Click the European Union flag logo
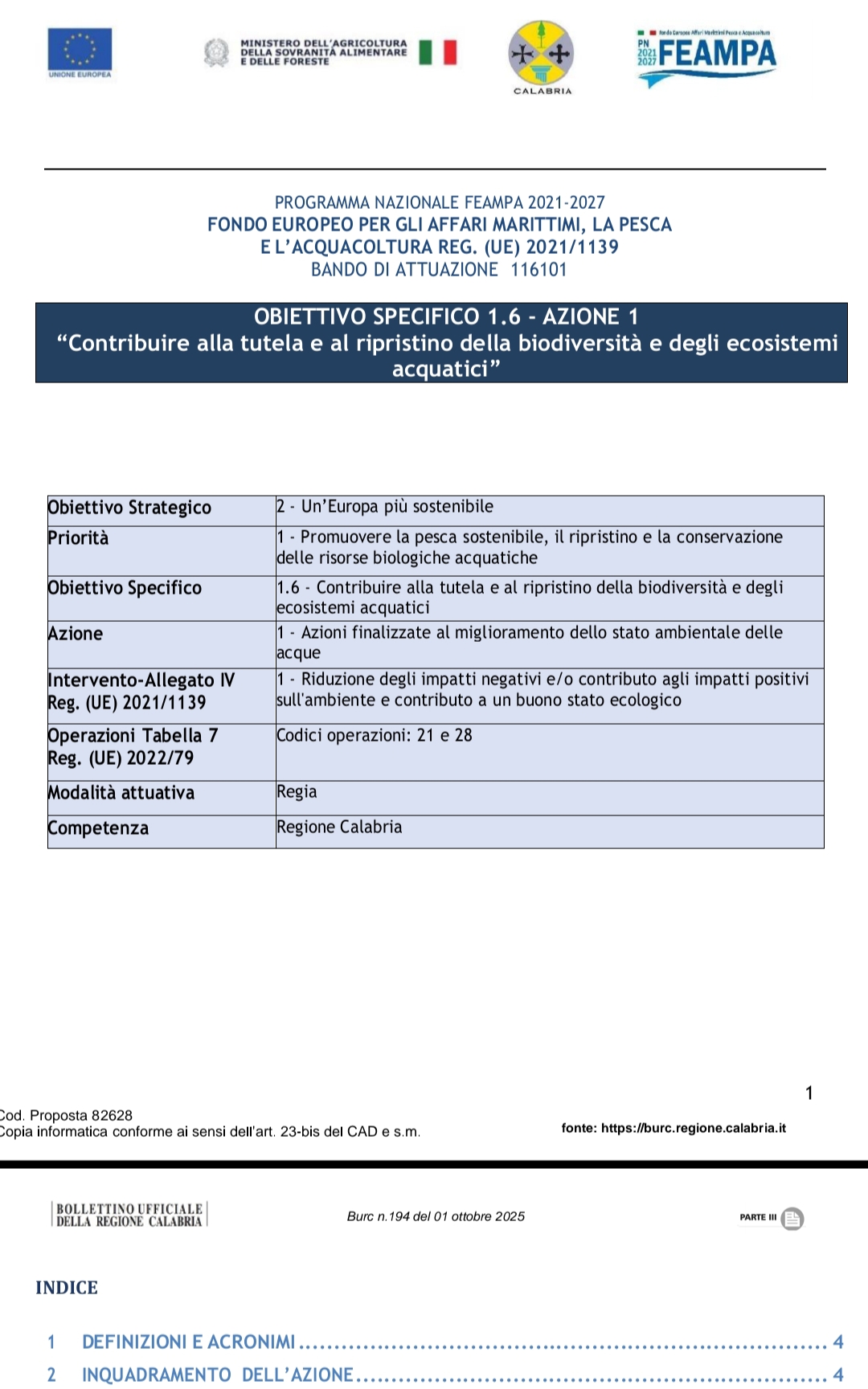coord(80,50)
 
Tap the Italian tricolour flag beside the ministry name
coord(437,52)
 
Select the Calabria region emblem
coord(542,54)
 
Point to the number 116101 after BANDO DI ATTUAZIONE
coord(538,270)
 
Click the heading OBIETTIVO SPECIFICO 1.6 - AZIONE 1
coord(446,317)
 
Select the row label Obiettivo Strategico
coord(129,508)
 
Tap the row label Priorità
coord(78,538)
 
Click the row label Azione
coord(76,634)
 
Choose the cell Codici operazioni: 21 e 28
coord(375,735)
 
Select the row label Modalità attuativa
coord(121,793)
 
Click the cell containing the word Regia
coord(297,792)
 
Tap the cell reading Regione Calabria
coord(339,827)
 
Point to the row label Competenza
coord(98,828)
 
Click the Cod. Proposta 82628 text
coord(67,1115)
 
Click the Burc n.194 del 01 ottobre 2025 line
coord(436,1216)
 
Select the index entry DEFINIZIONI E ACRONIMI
coord(189,1342)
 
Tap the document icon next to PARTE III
coord(792,1219)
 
